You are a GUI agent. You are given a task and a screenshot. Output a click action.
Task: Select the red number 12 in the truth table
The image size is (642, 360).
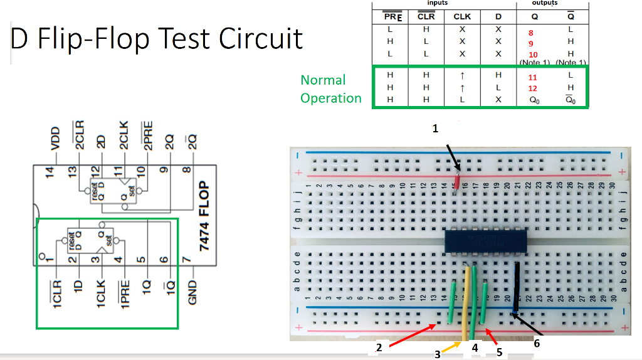pos(533,88)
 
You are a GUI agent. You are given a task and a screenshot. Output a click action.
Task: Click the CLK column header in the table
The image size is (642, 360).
pos(462,17)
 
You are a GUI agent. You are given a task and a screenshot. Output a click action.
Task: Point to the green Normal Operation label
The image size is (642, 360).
pos(330,89)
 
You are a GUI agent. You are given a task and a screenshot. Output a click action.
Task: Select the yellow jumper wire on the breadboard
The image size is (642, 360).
pos(466,304)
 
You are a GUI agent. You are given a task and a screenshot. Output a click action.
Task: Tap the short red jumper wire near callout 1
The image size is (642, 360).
pos(457,181)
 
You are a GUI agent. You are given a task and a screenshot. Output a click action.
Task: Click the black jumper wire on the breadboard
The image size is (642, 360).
pos(517,287)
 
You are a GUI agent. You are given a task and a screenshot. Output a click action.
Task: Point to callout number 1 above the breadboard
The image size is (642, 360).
pos(435,129)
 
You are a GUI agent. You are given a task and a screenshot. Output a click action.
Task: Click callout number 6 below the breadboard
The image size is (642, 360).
pos(535,343)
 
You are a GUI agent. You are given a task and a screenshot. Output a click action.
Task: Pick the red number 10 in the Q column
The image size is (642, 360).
pos(533,55)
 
